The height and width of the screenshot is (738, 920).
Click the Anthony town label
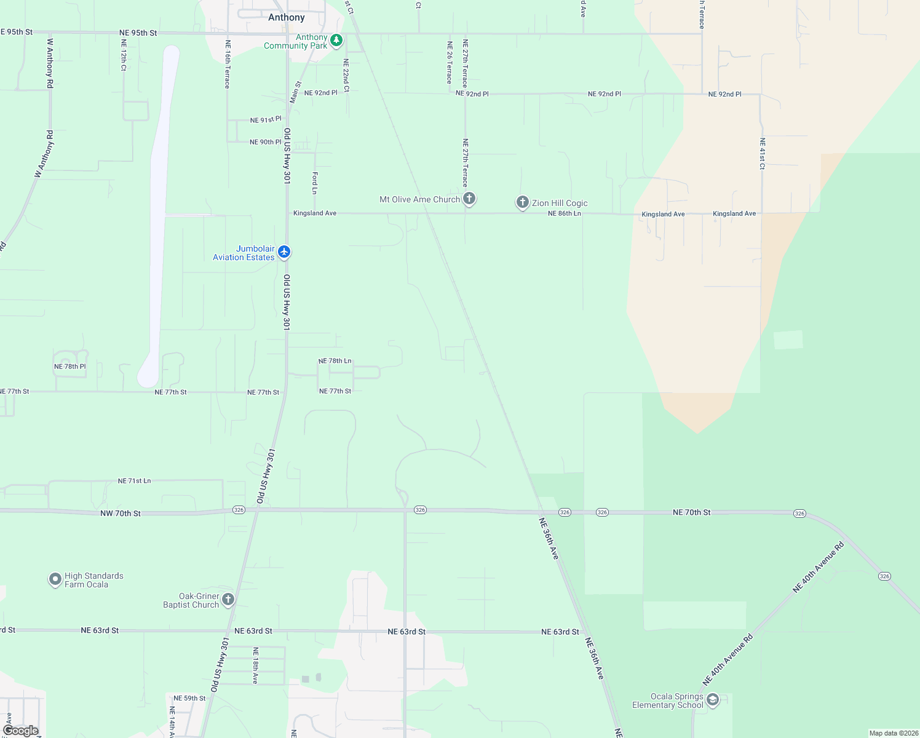[287, 17]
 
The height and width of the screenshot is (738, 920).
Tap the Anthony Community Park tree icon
[336, 41]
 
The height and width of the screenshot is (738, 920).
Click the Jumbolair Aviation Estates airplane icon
[284, 252]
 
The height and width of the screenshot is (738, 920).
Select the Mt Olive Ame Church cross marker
[469, 198]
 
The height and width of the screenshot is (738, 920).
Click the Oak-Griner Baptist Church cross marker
[228, 599]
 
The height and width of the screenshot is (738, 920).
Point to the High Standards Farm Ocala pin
[55, 579]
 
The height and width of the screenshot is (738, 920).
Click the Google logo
[21, 731]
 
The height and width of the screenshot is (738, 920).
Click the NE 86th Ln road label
[564, 213]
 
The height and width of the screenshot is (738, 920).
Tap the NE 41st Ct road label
[763, 154]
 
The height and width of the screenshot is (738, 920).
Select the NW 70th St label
[121, 513]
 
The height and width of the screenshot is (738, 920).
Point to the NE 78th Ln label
[335, 361]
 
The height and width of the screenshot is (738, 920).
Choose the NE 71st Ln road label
[134, 481]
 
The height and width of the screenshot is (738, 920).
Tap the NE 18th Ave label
[255, 665]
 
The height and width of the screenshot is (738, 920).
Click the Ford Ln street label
[315, 183]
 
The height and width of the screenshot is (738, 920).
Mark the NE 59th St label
[189, 698]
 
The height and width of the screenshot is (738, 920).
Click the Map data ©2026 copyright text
[894, 733]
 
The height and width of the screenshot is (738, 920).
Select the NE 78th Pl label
[70, 367]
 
